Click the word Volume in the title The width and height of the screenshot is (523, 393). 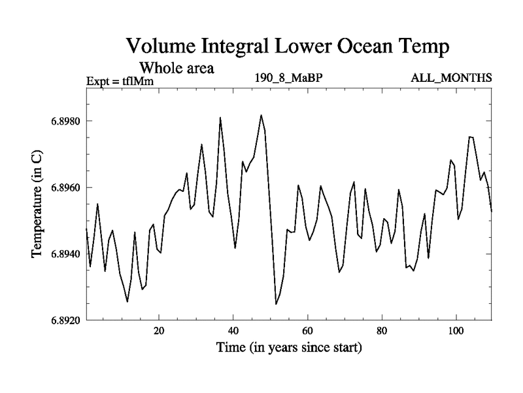coord(161,47)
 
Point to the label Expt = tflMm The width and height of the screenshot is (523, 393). coord(120,82)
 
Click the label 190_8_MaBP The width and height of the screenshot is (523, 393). coord(289,78)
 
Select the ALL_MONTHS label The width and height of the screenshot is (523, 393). coord(451,78)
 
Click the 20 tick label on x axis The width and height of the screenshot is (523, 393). coord(159,331)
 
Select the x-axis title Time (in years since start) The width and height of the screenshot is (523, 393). coord(289,348)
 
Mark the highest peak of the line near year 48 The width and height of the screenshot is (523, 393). coord(261,115)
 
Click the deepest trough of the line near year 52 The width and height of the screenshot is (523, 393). coord(276,304)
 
